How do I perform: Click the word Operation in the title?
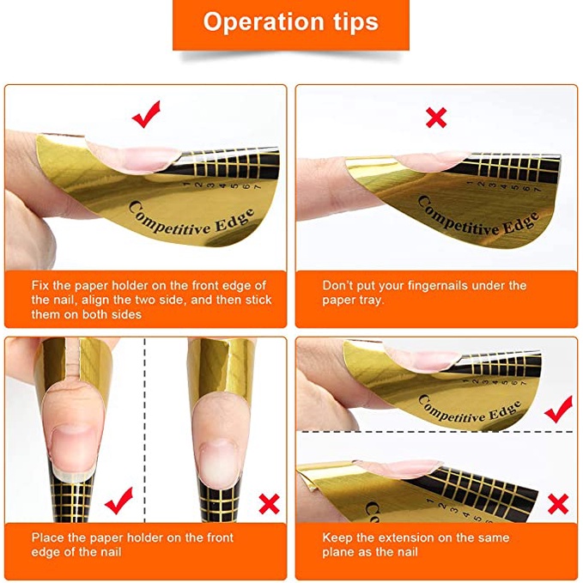[261, 22]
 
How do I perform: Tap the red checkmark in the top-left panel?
[147, 114]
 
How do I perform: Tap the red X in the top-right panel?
[436, 118]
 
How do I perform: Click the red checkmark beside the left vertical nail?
[119, 501]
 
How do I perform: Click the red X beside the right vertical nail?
[270, 503]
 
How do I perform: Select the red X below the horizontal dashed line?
[558, 504]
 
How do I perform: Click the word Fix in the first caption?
[40, 285]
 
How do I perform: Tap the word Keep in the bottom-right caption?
[337, 538]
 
